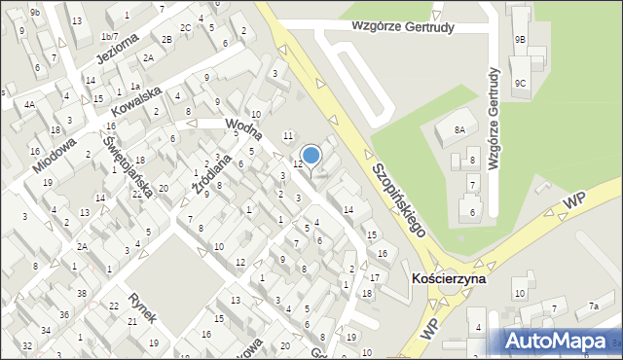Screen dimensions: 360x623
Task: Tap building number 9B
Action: (x=521, y=39)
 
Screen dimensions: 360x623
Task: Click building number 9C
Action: (x=521, y=84)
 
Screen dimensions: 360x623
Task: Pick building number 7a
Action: (x=594, y=307)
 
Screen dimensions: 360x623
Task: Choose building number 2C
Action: (x=185, y=27)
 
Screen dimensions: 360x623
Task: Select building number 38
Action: (x=82, y=293)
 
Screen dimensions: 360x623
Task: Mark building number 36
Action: (x=63, y=314)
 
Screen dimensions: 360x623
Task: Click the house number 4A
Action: (x=30, y=105)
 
